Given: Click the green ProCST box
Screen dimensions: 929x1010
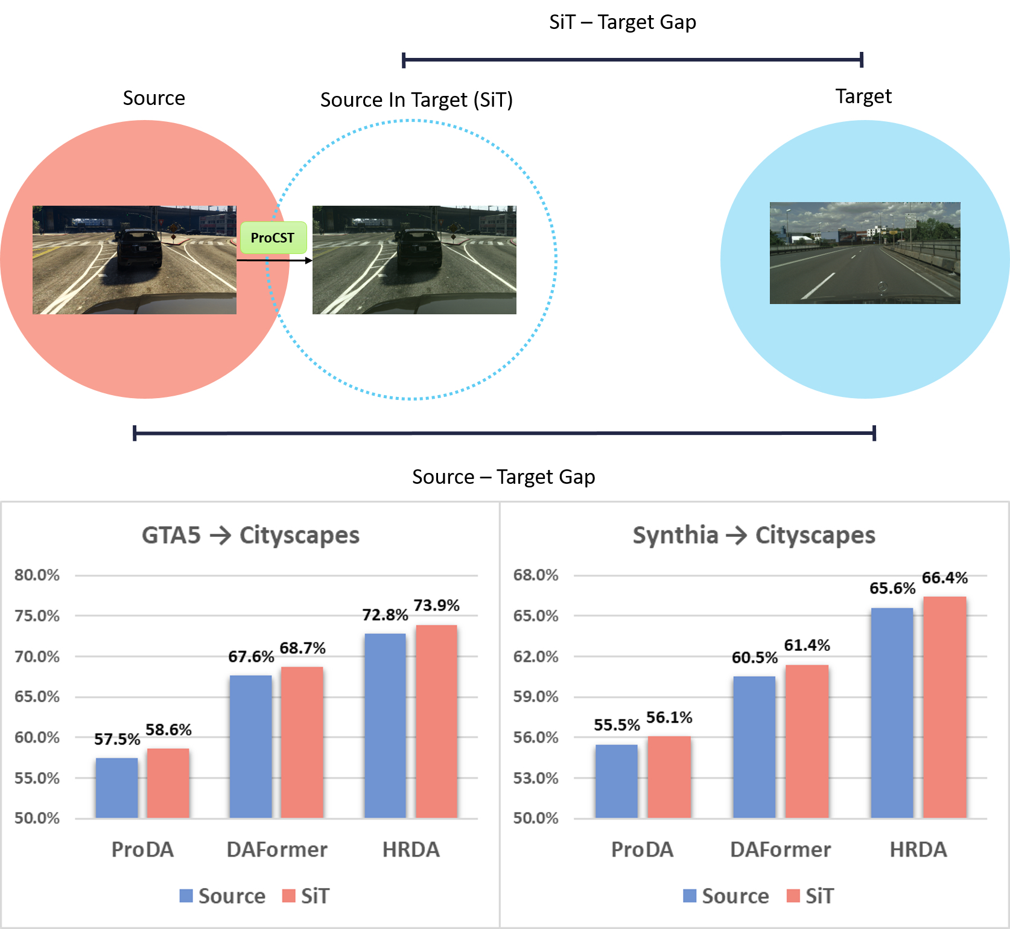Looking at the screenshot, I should click(273, 238).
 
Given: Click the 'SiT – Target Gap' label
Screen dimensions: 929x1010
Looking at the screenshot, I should click(622, 22).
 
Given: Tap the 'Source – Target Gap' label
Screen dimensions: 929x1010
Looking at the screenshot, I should click(503, 477).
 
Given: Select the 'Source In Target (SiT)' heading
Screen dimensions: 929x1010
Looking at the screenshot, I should click(416, 100).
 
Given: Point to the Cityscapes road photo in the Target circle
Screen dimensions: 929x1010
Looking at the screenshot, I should click(865, 253).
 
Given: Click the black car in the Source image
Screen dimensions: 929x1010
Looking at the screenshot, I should click(139, 247).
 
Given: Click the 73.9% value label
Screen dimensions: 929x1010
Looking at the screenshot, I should click(436, 605).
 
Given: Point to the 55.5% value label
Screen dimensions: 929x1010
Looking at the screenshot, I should click(617, 724).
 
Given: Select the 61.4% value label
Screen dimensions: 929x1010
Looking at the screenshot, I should click(807, 645).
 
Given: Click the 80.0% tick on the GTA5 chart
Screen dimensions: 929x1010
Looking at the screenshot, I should click(37, 575).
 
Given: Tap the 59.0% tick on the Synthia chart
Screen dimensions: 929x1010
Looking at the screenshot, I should click(536, 697).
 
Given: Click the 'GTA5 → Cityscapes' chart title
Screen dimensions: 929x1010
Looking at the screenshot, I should click(250, 535).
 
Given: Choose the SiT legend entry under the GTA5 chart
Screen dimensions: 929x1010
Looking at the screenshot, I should click(306, 896).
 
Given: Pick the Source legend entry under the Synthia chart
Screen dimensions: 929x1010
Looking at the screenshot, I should click(726, 896).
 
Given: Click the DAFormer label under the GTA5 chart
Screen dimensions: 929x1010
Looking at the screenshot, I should click(277, 849).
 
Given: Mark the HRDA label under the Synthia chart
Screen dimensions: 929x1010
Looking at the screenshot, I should click(918, 849).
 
